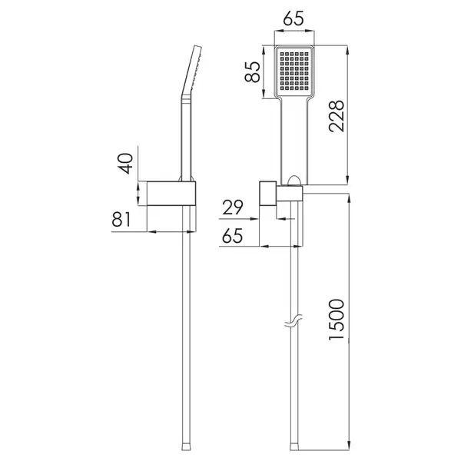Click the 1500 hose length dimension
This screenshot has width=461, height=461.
tap(337, 320)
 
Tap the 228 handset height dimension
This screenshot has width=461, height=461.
tap(337, 116)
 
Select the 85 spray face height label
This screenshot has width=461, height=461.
tap(253, 71)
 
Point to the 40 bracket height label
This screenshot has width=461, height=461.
tap(125, 164)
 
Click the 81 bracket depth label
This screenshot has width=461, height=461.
tap(121, 219)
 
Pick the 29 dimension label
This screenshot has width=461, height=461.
tap(233, 207)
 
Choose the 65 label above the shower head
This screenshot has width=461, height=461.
tap(294, 18)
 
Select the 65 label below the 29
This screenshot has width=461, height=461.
tap(233, 236)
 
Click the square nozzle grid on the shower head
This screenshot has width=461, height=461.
tap(294, 71)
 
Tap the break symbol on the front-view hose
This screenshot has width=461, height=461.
tap(294, 321)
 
